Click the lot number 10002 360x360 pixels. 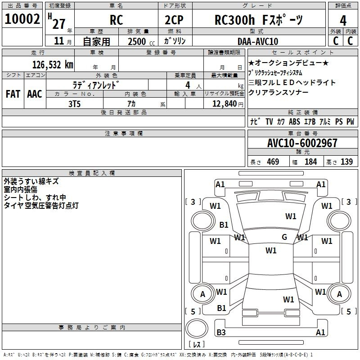click(22, 19)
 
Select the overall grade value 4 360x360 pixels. click(343, 21)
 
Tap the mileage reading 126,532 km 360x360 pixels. click(53, 65)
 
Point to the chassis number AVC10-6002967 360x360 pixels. click(302, 143)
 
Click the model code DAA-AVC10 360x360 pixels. click(258, 41)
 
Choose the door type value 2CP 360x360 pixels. click(174, 20)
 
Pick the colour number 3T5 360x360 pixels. click(74, 104)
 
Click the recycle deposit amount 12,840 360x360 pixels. click(225, 104)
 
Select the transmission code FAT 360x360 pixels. click(13, 94)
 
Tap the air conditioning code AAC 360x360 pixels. click(35, 94)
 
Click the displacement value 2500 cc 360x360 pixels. click(141, 42)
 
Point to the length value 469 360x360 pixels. click(273, 162)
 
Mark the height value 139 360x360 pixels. click(346, 162)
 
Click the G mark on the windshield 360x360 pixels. click(284, 237)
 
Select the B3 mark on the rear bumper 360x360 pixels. click(221, 332)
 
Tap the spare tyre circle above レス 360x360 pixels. click(197, 328)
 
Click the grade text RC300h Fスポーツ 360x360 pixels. click(259, 20)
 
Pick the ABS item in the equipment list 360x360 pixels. click(295, 121)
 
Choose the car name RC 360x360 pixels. click(116, 20)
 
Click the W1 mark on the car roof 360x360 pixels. click(271, 251)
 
